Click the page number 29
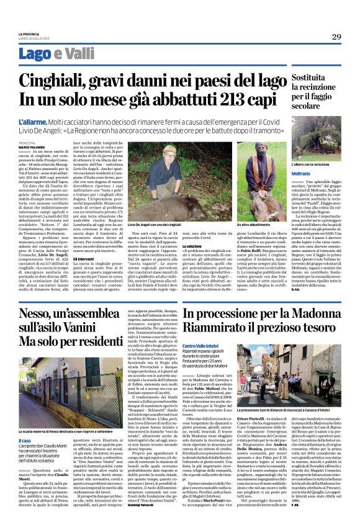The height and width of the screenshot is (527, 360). click(x=336, y=37)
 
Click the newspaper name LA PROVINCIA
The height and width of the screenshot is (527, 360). click(x=30, y=34)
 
